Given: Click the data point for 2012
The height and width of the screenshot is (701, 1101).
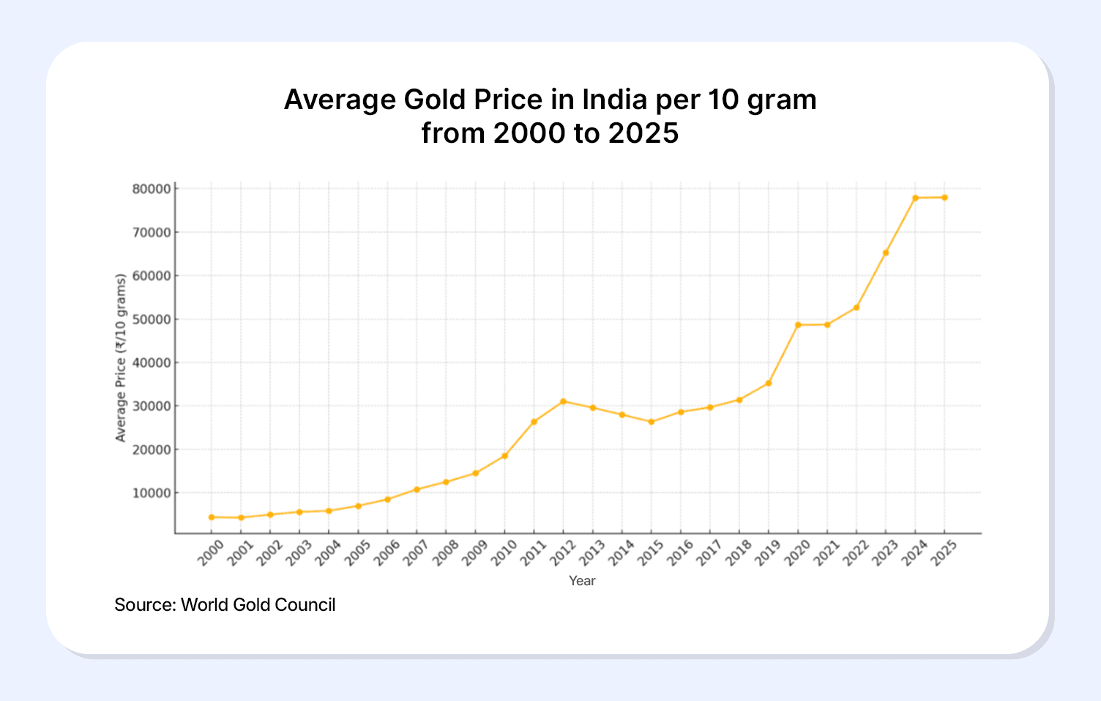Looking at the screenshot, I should [563, 401].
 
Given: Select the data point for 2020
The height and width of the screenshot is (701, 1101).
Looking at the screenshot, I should [798, 324].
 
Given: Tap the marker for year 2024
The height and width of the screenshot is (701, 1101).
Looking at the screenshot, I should [915, 198].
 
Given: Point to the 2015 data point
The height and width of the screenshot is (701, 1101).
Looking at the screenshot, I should [651, 422].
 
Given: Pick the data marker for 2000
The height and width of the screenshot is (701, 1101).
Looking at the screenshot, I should [212, 517].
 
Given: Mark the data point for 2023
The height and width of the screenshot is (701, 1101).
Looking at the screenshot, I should [886, 253].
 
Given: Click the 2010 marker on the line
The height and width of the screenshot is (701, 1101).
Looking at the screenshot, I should [504, 456].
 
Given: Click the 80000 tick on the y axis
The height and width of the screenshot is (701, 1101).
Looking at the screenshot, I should [152, 189].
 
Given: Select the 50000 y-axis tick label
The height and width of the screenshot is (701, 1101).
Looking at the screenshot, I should [152, 319].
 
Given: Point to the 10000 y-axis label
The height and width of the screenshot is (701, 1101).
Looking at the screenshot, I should [152, 493].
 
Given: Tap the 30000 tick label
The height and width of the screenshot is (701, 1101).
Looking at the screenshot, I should [152, 406].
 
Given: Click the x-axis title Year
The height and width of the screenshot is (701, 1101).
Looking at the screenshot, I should [582, 581].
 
